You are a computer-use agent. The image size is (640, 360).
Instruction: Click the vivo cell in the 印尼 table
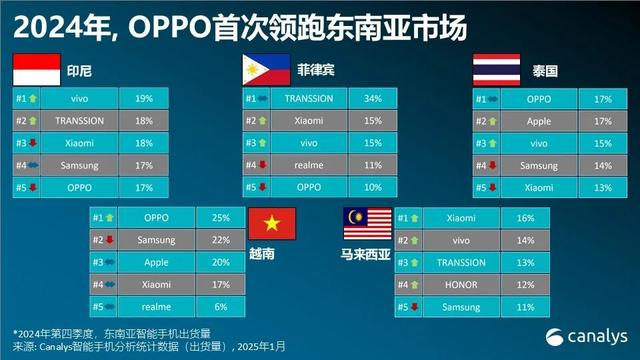tap(80, 99)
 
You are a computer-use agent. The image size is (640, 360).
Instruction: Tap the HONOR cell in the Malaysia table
tap(461, 285)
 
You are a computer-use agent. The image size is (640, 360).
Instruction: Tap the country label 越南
tap(264, 254)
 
